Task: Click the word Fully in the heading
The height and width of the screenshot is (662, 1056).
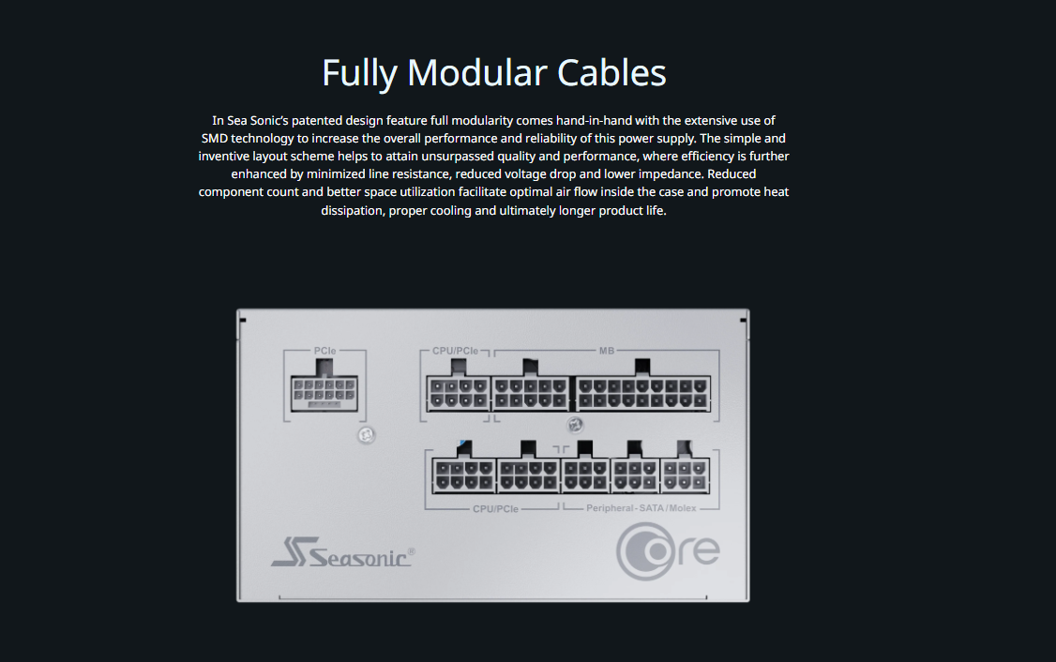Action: coord(359,73)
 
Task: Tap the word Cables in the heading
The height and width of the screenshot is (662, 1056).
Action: coord(611,73)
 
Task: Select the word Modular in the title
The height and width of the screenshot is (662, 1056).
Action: coord(476,73)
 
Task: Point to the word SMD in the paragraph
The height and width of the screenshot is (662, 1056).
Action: coord(214,138)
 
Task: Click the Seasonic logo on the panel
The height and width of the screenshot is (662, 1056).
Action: coord(343,551)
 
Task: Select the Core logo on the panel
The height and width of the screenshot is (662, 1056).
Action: coord(668,551)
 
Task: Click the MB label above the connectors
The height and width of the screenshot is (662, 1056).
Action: coord(606,351)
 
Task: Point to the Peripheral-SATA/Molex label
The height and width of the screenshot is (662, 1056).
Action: coord(641,508)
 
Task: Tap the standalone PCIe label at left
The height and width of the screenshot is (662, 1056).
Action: coord(324,351)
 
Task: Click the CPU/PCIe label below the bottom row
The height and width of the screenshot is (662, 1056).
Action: coord(496,509)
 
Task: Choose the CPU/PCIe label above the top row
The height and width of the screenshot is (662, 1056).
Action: coord(455,351)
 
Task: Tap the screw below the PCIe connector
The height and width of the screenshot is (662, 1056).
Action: coord(366,435)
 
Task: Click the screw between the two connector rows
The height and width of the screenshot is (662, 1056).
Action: coord(575,425)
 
